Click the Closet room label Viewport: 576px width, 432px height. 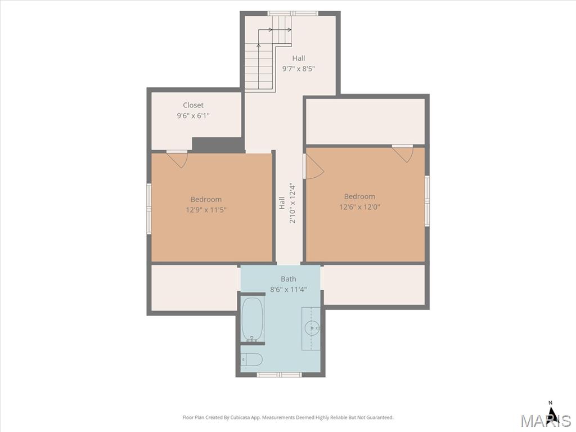click(x=193, y=105)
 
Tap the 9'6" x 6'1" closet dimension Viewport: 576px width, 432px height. click(x=193, y=116)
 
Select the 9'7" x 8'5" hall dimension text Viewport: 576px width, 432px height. click(x=299, y=69)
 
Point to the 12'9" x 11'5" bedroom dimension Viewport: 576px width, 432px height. click(x=206, y=210)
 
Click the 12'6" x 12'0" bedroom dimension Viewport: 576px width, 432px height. click(x=359, y=207)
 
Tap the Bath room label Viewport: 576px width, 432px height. click(x=289, y=279)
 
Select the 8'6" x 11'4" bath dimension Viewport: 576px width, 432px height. click(x=289, y=290)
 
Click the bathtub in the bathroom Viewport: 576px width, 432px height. click(x=252, y=319)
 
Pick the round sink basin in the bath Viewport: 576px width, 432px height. click(x=312, y=326)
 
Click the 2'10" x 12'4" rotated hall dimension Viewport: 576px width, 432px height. click(x=292, y=203)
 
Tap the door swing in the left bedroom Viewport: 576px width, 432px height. click(x=177, y=159)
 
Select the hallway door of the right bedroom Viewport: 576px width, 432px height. click(x=313, y=166)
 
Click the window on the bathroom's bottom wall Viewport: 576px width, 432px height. click(x=279, y=375)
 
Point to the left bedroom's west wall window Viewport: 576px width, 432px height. click(x=149, y=209)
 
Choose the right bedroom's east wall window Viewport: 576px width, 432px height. click(x=427, y=201)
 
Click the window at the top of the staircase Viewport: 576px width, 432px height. click(x=292, y=13)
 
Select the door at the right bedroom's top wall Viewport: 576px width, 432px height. click(x=403, y=154)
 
